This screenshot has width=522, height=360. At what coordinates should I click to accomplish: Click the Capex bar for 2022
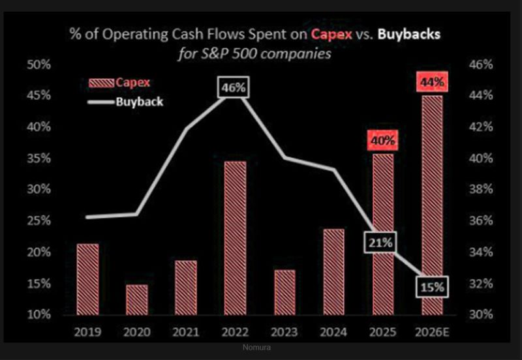pos(236,237)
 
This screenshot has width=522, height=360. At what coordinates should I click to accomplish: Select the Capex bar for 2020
pos(137,299)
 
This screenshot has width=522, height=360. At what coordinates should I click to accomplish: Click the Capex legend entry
pos(119,82)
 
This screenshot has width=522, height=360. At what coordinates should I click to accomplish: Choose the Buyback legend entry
pos(127,102)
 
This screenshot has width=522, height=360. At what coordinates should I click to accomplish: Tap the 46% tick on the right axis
pos(480,65)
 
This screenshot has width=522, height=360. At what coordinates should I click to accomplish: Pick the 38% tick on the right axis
pos(480,190)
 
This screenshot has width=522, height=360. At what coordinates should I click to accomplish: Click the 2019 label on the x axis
pos(87,333)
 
